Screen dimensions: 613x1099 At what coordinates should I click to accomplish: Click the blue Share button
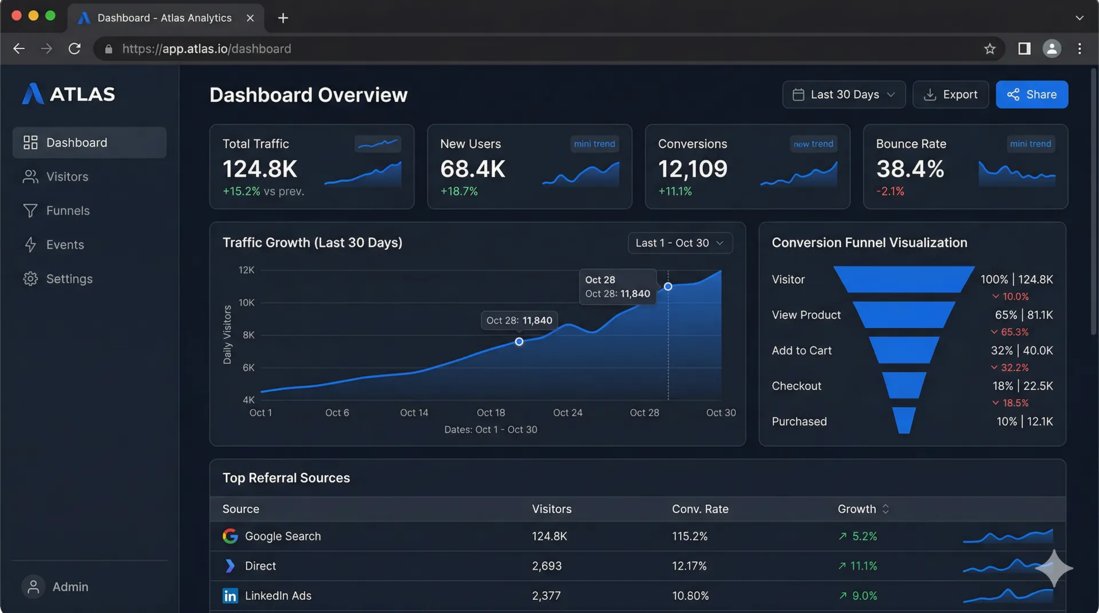pos(1031,94)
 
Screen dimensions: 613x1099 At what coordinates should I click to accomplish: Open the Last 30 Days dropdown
pos(843,94)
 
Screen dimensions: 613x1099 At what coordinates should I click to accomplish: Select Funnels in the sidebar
pos(68,210)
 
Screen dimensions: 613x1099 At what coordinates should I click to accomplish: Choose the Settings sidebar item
pos(69,278)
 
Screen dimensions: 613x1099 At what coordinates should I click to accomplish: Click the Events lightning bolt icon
pos(30,245)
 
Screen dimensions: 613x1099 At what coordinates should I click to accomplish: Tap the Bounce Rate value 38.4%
pos(910,169)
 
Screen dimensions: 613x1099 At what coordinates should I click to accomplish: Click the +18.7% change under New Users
pos(458,191)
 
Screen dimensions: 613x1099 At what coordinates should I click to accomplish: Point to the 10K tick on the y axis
pos(246,302)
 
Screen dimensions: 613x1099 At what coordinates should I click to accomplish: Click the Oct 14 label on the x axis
pos(414,412)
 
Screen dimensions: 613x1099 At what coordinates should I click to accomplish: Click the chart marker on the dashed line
pos(668,286)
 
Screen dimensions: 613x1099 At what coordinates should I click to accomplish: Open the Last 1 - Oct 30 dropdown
pos(679,243)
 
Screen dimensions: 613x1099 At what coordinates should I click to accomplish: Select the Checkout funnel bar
pos(904,385)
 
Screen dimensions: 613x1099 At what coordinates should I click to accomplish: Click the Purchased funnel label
pos(799,421)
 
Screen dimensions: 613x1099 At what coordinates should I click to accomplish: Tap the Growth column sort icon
pos(885,509)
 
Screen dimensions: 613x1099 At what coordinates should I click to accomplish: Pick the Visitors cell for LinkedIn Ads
pos(546,595)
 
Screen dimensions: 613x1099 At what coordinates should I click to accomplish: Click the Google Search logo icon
pos(230,536)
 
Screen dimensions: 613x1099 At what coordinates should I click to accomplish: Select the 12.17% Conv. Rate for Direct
pos(689,566)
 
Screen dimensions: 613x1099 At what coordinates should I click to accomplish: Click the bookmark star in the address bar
pos(990,49)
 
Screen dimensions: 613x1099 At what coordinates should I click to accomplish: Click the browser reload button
pos(74,49)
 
